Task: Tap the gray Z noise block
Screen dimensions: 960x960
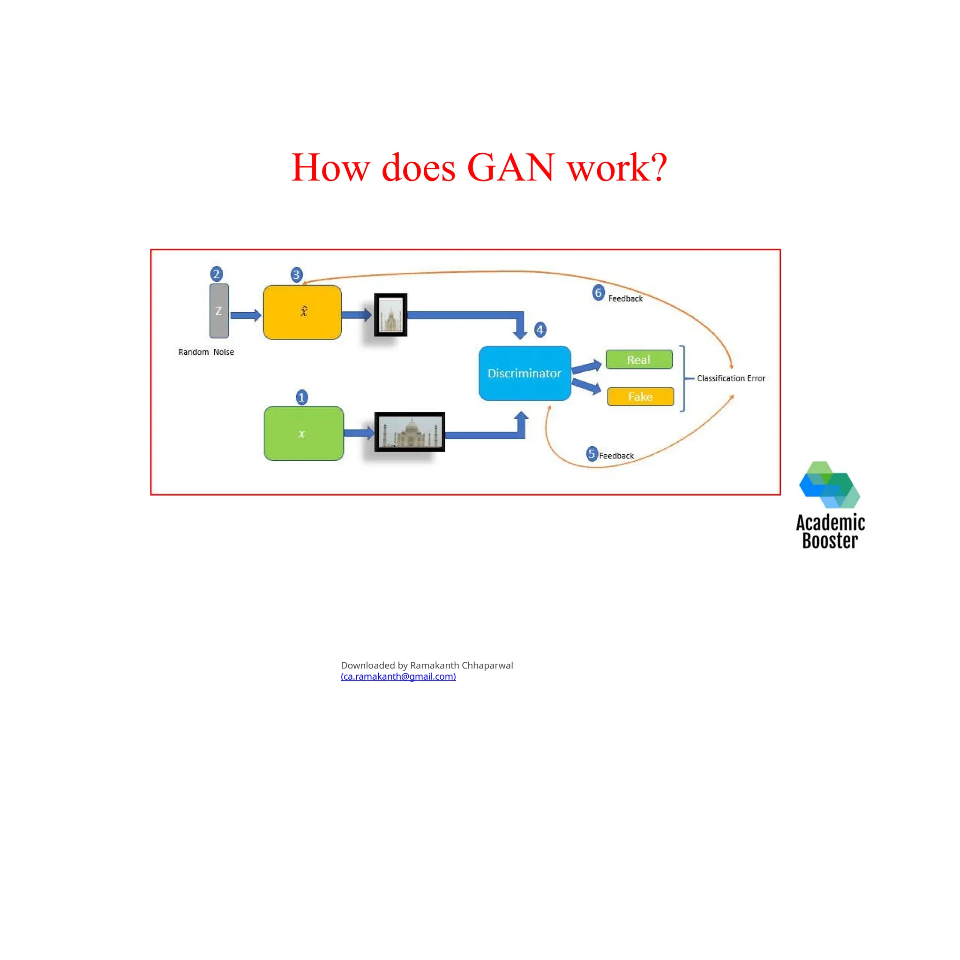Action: [219, 311]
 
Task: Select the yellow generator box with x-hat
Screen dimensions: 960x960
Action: [302, 312]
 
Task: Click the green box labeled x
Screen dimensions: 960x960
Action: [304, 433]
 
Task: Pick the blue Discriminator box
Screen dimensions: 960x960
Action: [524, 373]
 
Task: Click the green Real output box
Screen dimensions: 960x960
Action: [638, 359]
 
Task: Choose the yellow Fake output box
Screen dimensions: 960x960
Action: [640, 397]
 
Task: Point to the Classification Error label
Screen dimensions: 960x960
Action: [730, 378]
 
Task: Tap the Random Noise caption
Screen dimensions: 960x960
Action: [206, 352]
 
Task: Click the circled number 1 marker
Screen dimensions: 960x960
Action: [301, 397]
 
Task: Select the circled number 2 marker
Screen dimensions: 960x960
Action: [216, 274]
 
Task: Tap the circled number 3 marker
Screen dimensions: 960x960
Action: [296, 274]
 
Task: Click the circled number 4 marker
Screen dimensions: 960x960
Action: [540, 330]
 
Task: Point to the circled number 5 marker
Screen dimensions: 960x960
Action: [591, 453]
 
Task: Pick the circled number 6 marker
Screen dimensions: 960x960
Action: [598, 292]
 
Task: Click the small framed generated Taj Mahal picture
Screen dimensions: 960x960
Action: [390, 315]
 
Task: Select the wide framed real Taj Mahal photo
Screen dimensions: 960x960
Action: [409, 431]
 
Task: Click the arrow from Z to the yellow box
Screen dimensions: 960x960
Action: [246, 315]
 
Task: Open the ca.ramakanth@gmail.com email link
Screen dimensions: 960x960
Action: [398, 676]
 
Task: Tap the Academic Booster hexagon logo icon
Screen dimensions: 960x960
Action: [829, 485]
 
